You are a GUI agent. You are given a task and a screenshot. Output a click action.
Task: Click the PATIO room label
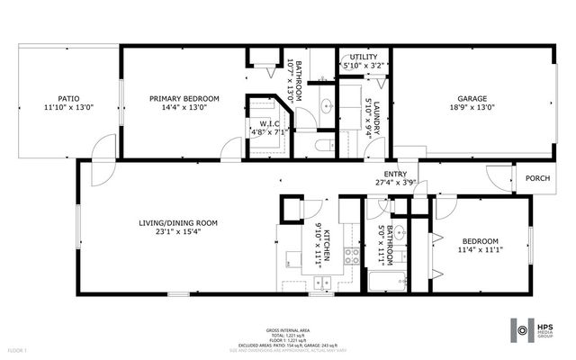tap(69, 99)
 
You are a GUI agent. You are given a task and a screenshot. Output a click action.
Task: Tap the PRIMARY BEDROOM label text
tap(177, 99)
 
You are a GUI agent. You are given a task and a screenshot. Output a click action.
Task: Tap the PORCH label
tap(537, 177)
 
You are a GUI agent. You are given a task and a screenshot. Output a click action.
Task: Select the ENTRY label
tap(395, 175)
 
